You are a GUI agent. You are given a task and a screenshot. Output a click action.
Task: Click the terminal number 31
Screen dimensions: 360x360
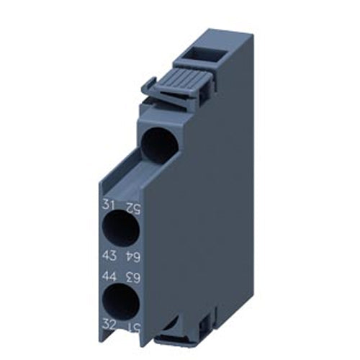109,207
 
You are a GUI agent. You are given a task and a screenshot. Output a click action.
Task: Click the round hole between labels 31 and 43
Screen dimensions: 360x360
121,232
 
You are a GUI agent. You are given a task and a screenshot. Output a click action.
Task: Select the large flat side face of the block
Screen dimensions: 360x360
209,216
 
